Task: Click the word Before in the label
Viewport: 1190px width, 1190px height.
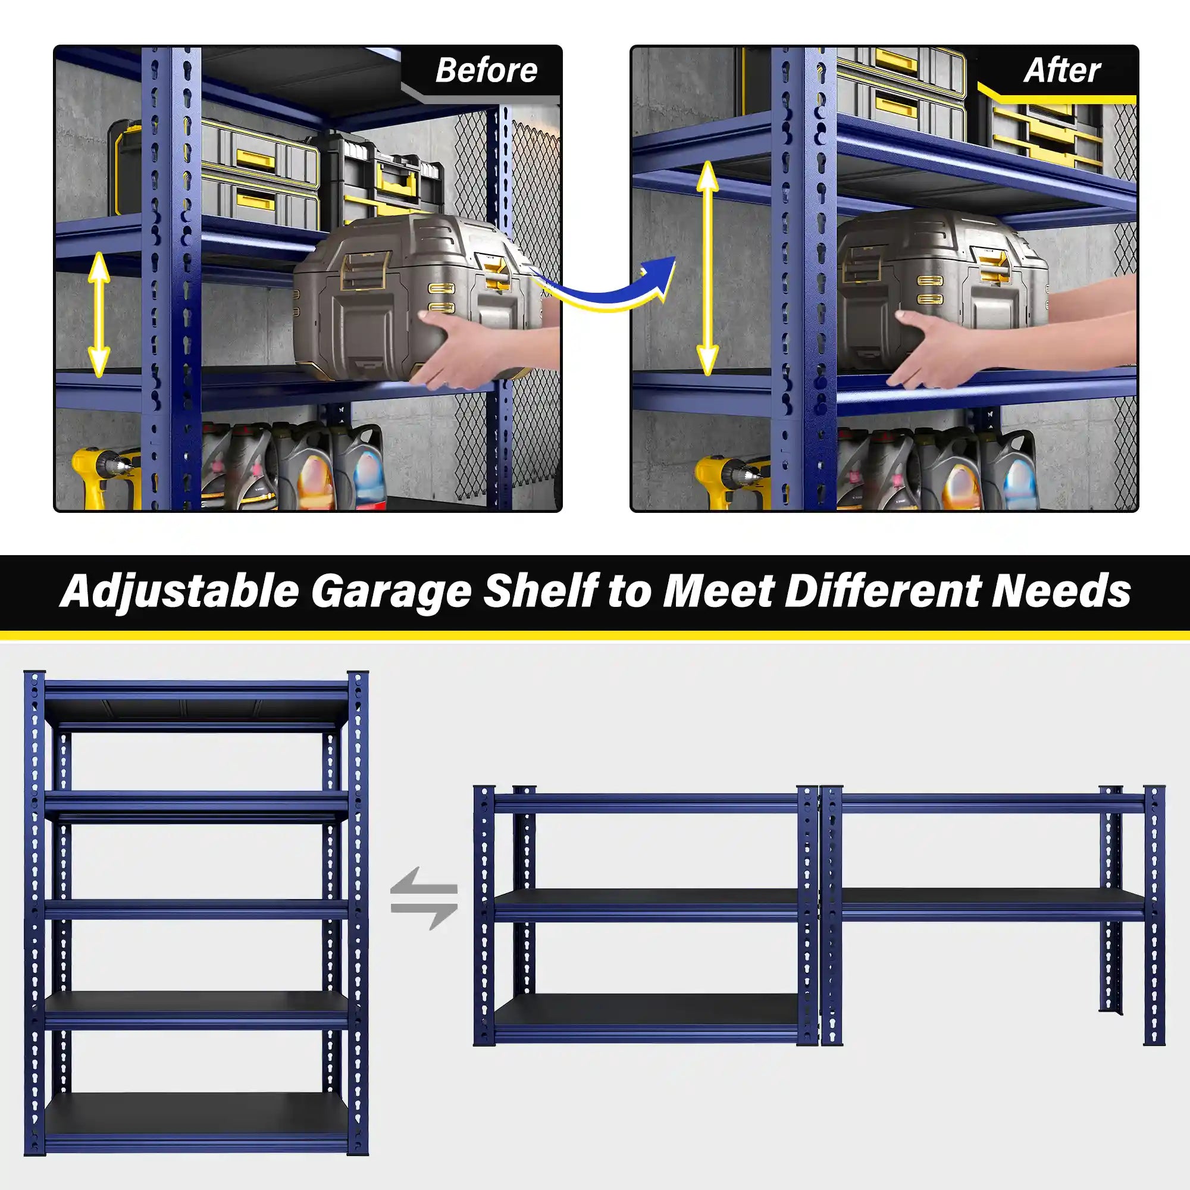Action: coord(486,70)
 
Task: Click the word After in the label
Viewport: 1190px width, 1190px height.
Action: coord(1062,70)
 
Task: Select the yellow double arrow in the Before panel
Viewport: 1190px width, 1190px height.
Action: coord(99,315)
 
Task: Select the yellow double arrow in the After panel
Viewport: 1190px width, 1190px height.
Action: coord(707,268)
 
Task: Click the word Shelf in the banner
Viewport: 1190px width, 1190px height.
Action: coord(538,591)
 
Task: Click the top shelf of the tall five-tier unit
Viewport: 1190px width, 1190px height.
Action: coord(197,705)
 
